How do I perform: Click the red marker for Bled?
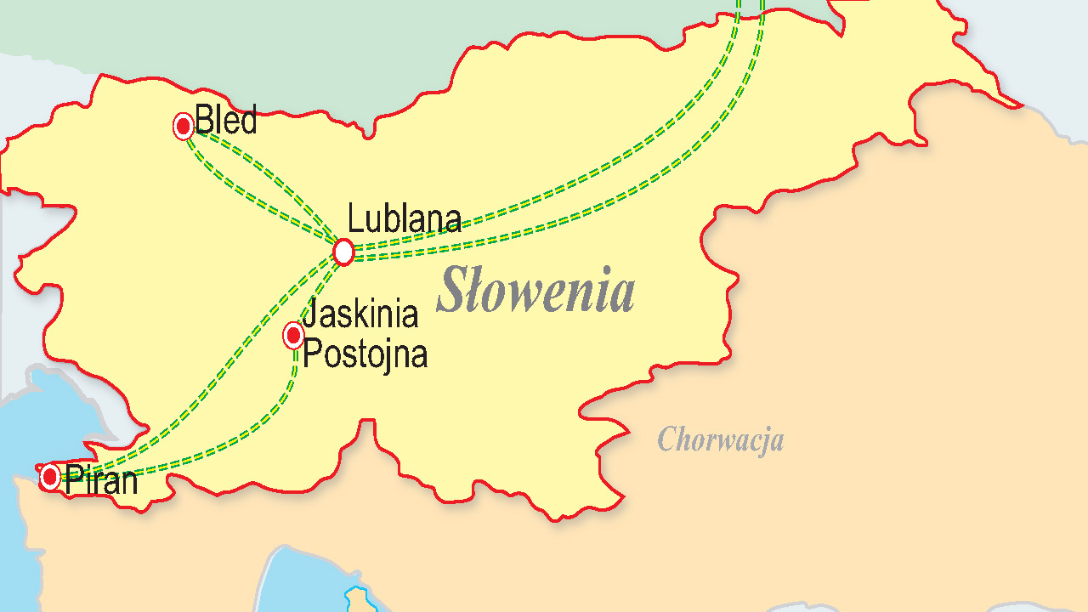[184, 126]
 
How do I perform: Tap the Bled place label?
[226, 121]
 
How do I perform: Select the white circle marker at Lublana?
[343, 252]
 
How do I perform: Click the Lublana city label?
[405, 219]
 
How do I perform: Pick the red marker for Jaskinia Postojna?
[293, 336]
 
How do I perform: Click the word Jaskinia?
[360, 314]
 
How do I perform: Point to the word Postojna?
[365, 354]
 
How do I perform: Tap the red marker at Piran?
[51, 476]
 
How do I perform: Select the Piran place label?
[101, 481]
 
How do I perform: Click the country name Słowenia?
[535, 291]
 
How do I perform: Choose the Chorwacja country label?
[720, 439]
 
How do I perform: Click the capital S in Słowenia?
[452, 291]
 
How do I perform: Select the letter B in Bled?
[204, 121]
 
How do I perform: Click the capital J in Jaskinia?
[309, 314]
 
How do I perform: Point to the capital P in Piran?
[73, 481]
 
